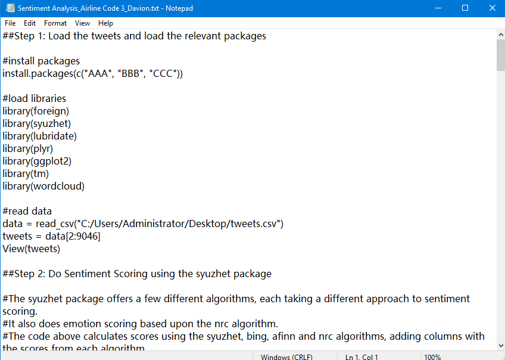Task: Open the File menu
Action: point(10,23)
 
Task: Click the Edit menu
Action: point(30,23)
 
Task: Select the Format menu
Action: point(55,23)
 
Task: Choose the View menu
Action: point(83,23)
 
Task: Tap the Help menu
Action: point(105,23)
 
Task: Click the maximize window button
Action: point(465,8)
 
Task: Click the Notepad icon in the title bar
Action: point(10,8)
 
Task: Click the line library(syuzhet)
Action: point(37,123)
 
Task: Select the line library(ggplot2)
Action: point(37,161)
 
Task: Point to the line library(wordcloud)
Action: point(43,186)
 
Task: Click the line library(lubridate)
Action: point(40,136)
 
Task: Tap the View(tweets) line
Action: point(31,249)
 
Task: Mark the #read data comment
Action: point(27,211)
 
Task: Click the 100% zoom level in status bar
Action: point(432,356)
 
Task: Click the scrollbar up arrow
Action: point(500,35)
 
